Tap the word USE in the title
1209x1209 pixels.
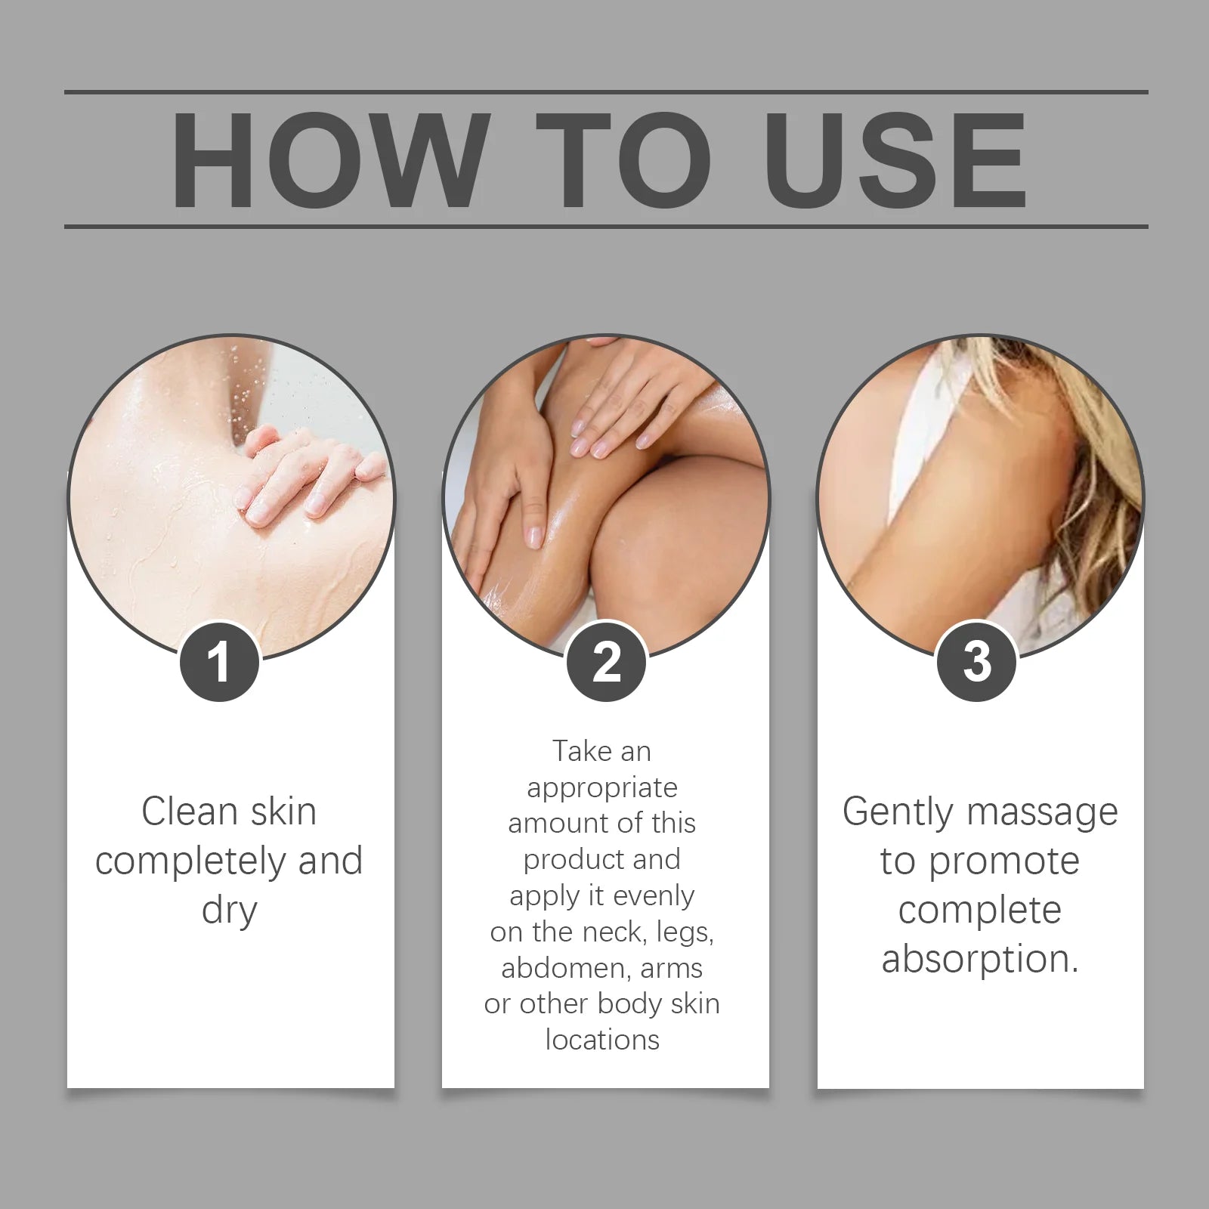895,160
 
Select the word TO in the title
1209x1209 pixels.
624,160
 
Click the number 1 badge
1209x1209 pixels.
219,662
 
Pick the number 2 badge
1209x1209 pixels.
606,662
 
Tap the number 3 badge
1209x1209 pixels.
976,662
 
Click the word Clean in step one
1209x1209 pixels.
189,812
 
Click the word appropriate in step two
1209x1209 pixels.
602,788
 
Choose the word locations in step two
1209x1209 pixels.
602,1040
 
